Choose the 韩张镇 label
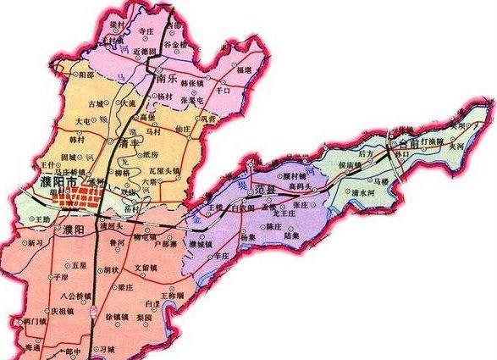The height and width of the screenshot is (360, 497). [x=189, y=86]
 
